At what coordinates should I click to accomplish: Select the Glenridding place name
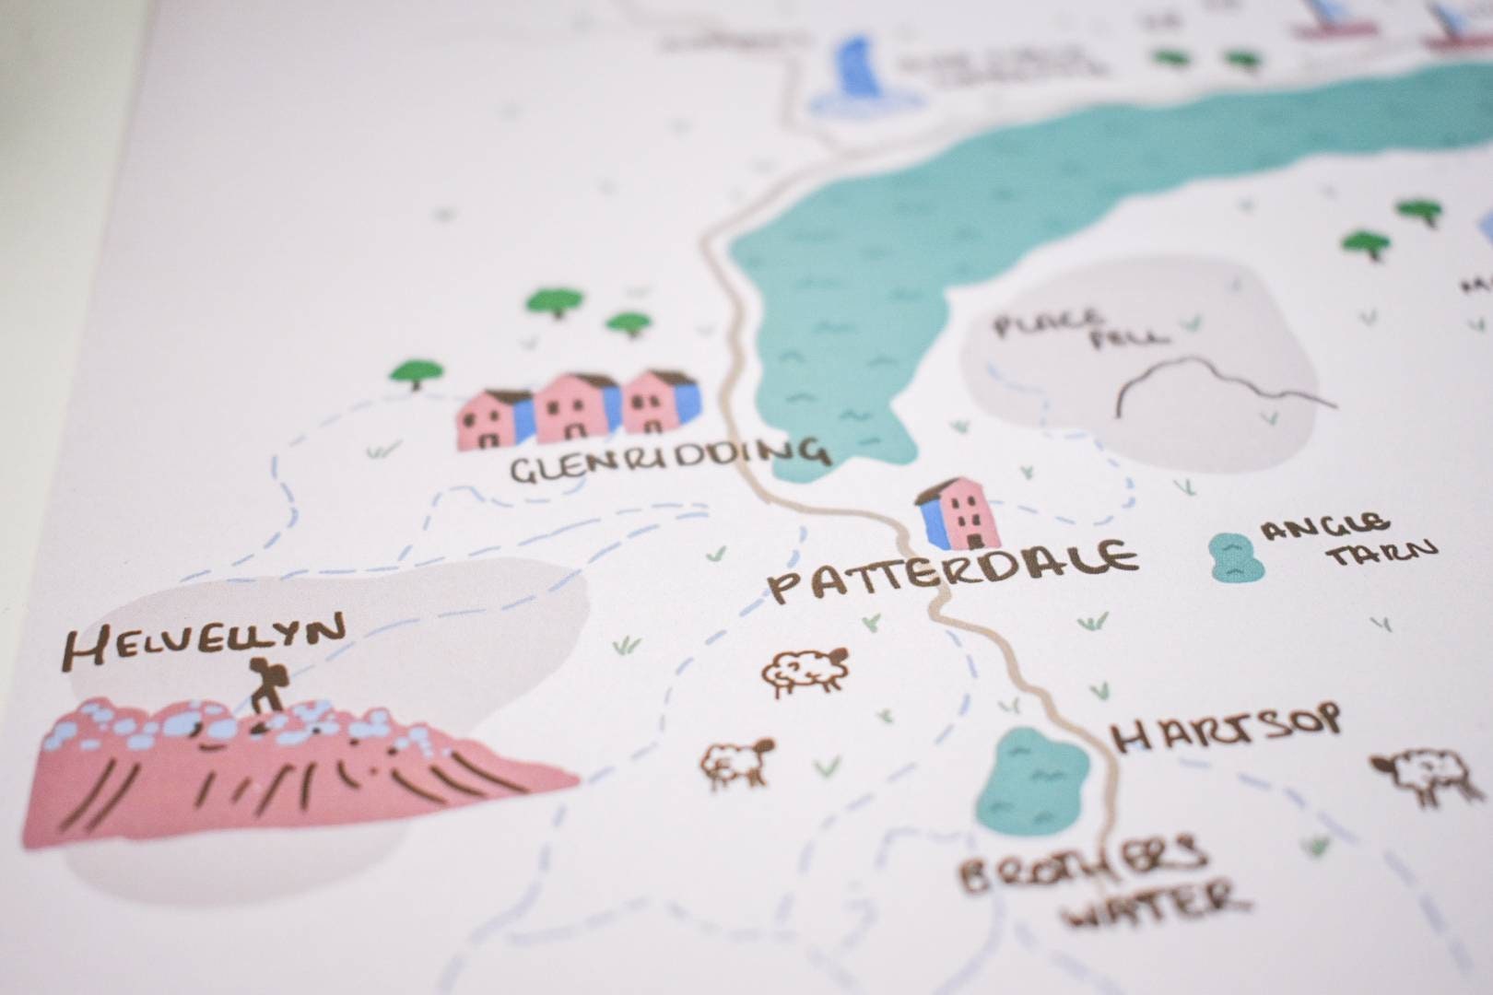pos(670,462)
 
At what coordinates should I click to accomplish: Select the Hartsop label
pos(1226,729)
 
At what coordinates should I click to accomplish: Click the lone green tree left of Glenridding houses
pos(417,373)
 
